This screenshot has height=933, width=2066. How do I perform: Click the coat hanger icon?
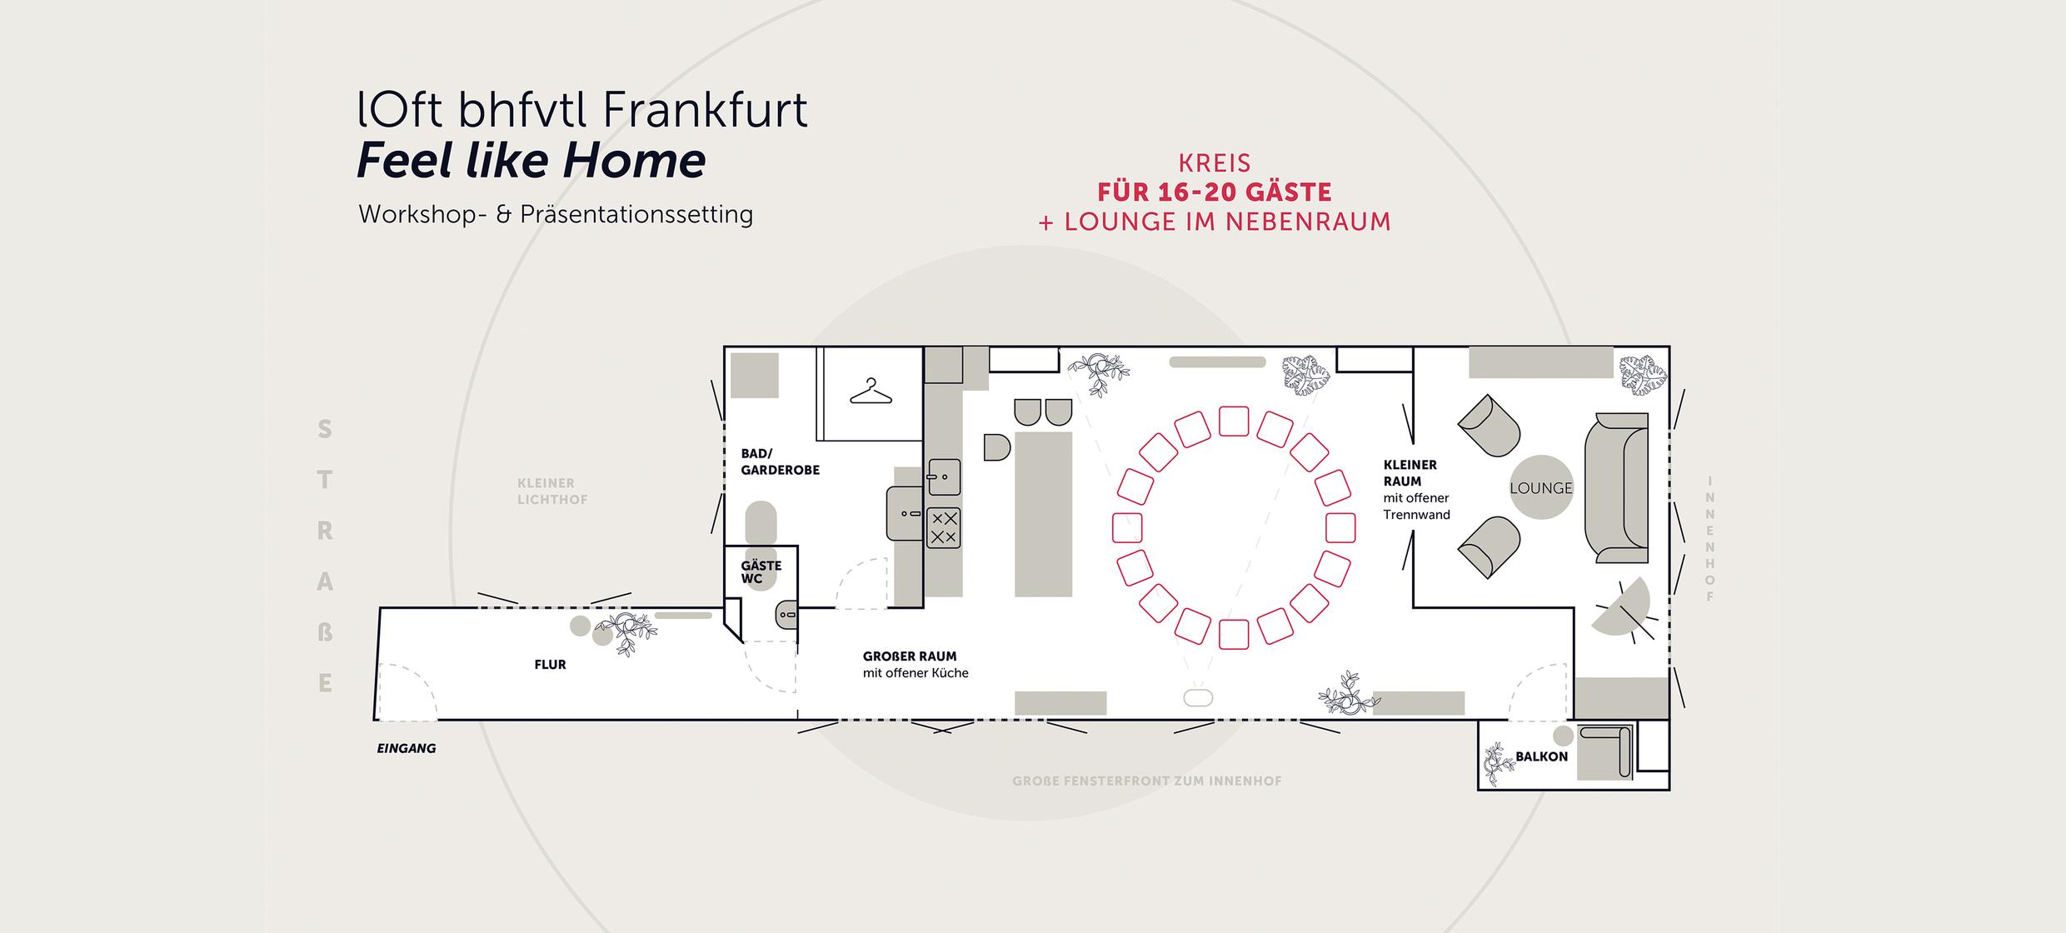tap(871, 392)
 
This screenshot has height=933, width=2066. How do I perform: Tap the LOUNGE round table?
tap(1540, 487)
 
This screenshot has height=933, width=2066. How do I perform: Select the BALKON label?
tap(1541, 756)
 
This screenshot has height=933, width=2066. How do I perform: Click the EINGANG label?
tap(407, 748)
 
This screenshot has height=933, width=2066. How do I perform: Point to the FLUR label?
tap(550, 665)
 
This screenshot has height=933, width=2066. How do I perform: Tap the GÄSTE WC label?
tap(761, 571)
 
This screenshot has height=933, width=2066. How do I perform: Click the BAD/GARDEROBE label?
tap(780, 462)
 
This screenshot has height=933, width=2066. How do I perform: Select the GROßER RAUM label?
tap(909, 656)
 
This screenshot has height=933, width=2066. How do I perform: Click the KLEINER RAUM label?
tap(1410, 472)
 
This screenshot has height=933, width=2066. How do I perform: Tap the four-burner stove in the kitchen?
tap(943, 527)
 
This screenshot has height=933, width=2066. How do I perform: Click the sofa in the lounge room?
tap(1617, 487)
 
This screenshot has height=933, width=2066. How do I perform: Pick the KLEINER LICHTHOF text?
tap(551, 491)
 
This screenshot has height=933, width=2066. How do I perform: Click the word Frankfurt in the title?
tap(703, 110)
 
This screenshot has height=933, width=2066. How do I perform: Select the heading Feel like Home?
tap(531, 161)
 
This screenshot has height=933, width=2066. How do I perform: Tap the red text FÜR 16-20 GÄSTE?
tap(1214, 192)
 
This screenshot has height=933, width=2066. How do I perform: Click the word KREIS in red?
tap(1214, 162)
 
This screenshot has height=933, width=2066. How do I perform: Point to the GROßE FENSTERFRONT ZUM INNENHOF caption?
tap(1146, 781)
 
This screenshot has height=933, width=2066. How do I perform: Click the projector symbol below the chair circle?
tap(1198, 698)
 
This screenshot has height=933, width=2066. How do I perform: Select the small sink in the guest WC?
tap(786, 616)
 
